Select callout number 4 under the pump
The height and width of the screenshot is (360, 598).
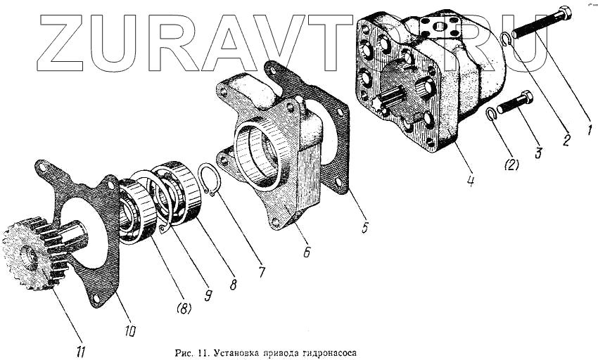(469, 180)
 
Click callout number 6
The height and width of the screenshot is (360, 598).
(307, 251)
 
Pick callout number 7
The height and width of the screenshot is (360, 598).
(262, 271)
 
